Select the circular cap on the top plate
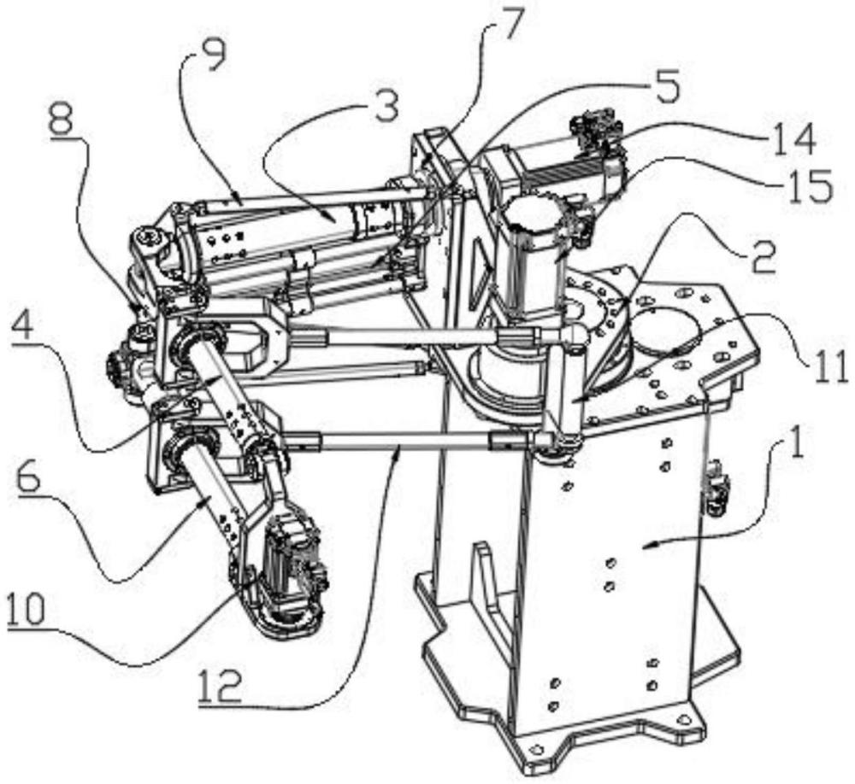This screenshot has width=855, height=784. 666,331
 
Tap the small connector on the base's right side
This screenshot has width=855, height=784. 716,489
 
